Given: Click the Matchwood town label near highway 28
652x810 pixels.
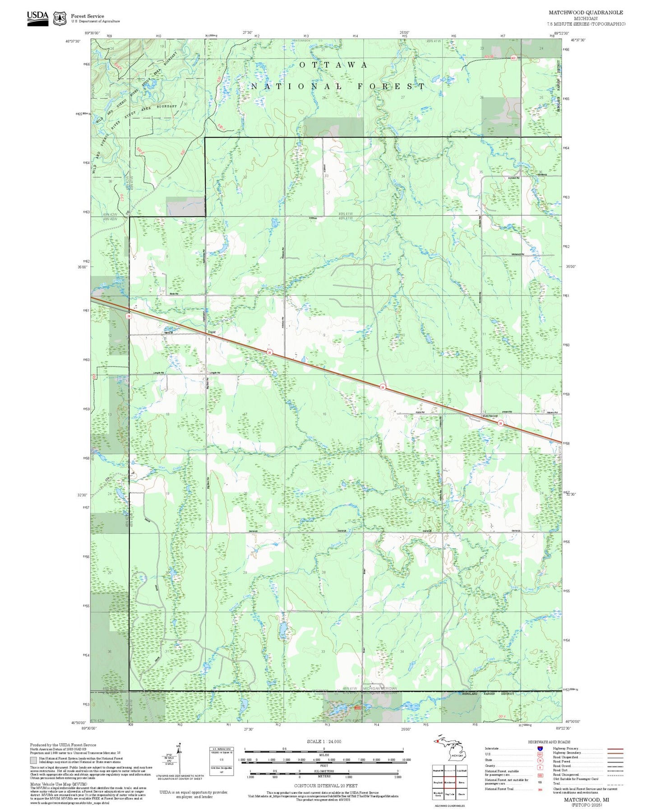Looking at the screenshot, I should tap(490, 416).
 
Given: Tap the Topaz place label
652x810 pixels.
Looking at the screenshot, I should tap(212, 332).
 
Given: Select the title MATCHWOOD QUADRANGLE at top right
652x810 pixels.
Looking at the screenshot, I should tap(585, 13).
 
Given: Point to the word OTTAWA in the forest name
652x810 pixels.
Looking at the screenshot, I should tap(333, 65).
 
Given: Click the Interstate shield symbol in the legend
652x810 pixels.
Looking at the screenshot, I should tap(540, 748).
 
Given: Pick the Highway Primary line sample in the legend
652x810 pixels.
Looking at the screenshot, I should tap(615, 749).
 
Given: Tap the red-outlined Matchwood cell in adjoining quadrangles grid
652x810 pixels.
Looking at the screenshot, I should tap(449, 782).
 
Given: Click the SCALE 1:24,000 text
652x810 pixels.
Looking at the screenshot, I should tap(324, 741).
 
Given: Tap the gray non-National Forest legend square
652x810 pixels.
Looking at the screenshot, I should tap(33, 760).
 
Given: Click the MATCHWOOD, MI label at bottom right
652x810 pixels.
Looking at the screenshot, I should tap(586, 799).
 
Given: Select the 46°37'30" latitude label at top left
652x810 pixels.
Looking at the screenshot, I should tap(73, 41).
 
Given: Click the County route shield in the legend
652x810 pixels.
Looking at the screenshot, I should tap(540, 766).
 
